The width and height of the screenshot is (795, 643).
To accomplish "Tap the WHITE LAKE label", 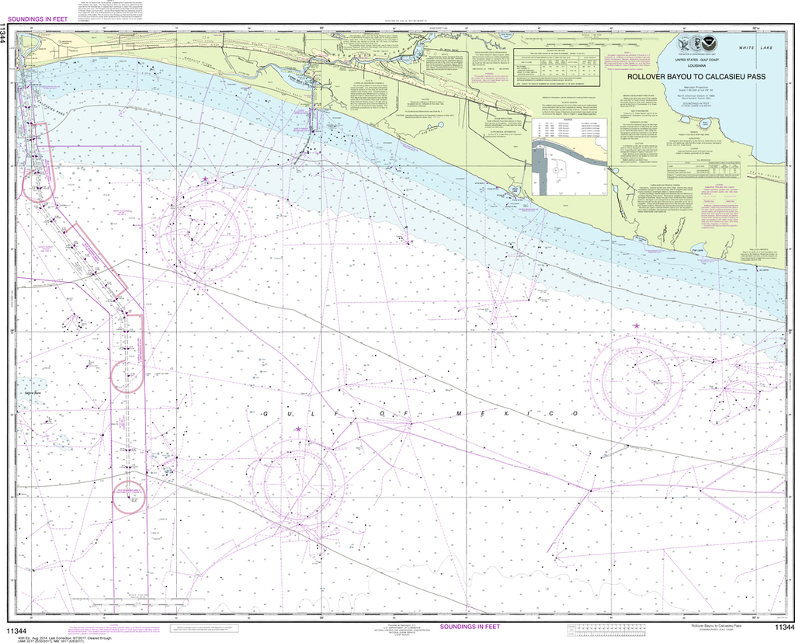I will (x=757, y=48).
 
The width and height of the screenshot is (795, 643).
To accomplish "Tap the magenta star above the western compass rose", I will (x=205, y=179).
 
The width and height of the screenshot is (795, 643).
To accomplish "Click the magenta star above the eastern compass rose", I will (x=637, y=326).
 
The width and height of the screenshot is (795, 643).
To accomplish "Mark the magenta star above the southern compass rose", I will (x=298, y=429).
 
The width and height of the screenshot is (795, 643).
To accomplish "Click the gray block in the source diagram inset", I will (x=540, y=172).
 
